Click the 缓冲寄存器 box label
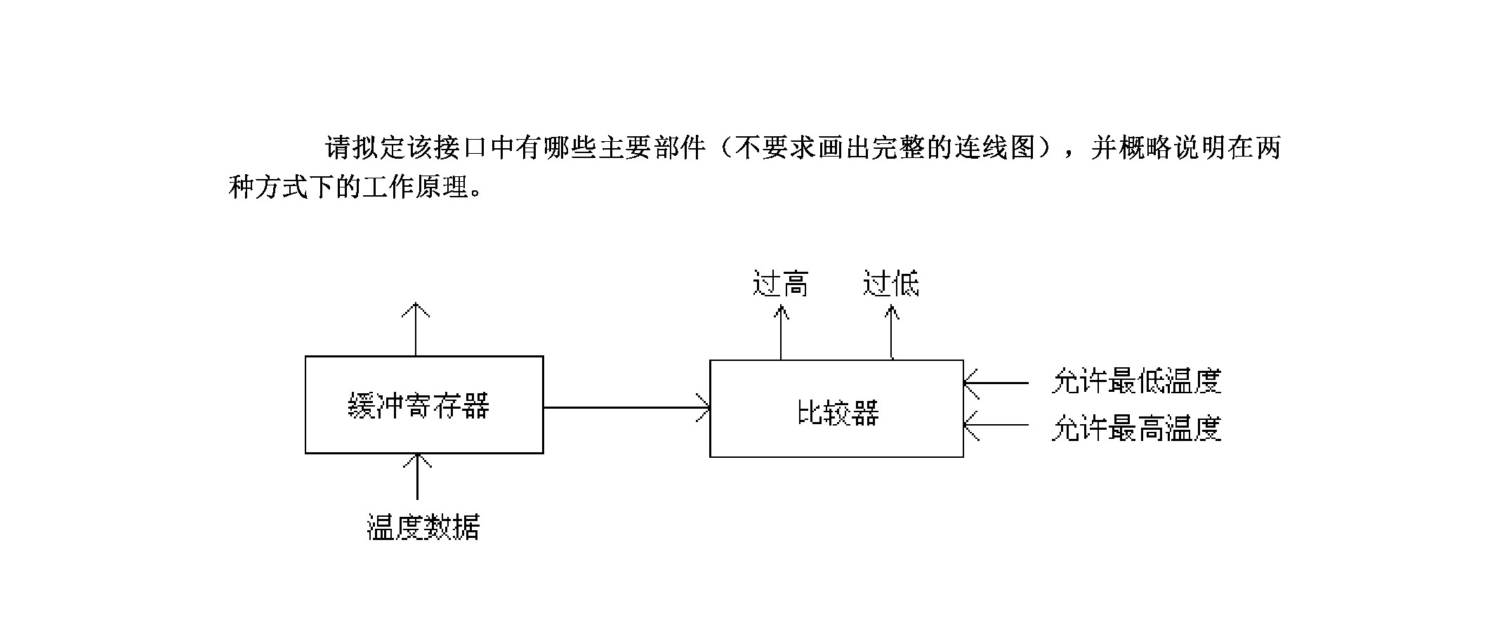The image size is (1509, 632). (x=419, y=405)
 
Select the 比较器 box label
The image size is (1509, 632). (x=838, y=412)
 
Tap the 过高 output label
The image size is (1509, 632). (x=780, y=284)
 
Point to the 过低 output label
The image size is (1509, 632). (x=890, y=284)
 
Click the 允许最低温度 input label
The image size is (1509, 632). (x=1136, y=381)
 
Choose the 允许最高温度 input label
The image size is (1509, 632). (x=1136, y=428)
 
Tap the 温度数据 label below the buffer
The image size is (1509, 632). (x=423, y=527)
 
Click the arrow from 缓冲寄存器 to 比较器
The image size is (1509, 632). (x=626, y=407)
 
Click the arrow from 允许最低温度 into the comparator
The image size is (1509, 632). (x=996, y=383)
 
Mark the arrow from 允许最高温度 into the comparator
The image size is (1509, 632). (x=996, y=425)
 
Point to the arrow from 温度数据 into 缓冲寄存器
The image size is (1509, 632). (x=418, y=476)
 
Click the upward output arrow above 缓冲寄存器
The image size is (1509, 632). (x=416, y=329)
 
